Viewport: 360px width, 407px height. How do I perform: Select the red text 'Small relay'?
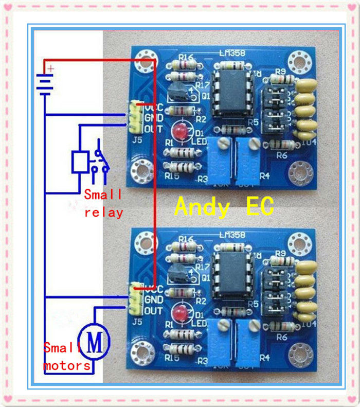coord(103,203)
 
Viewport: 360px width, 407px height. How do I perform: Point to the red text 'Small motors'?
coord(67,357)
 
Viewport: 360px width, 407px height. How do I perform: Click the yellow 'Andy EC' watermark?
coord(224,206)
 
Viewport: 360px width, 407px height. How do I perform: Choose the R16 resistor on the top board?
coord(184,65)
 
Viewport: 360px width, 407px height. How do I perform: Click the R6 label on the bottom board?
coord(281,336)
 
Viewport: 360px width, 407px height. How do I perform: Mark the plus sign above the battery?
coord(50,68)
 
